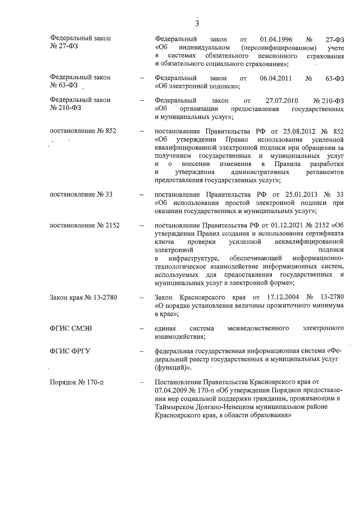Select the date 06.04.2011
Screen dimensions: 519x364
276,78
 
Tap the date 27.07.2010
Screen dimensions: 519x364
282,101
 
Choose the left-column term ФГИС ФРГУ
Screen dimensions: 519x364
70,351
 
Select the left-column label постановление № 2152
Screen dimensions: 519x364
85,226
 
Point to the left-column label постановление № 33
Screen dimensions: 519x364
81,194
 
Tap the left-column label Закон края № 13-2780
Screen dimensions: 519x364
83,297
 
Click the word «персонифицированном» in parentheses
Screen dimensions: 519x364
279,48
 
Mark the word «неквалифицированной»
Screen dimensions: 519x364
309,242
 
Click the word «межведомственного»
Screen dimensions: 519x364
258,328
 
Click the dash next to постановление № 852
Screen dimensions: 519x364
141,132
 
